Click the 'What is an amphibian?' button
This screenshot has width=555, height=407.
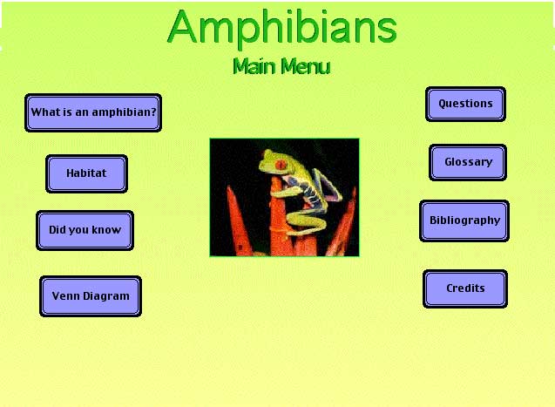[93, 113]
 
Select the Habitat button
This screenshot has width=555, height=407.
[87, 173]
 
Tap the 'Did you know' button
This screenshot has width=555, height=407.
[85, 230]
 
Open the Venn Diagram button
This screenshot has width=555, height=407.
[91, 296]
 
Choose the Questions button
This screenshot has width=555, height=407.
[465, 104]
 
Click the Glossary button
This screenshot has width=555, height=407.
[468, 162]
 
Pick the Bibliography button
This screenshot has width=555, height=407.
[464, 220]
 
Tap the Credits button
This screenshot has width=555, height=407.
[465, 288]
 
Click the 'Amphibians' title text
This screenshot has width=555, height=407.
[282, 28]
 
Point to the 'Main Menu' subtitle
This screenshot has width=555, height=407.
[281, 66]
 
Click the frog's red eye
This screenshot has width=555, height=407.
[281, 165]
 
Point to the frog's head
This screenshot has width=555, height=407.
[274, 162]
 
